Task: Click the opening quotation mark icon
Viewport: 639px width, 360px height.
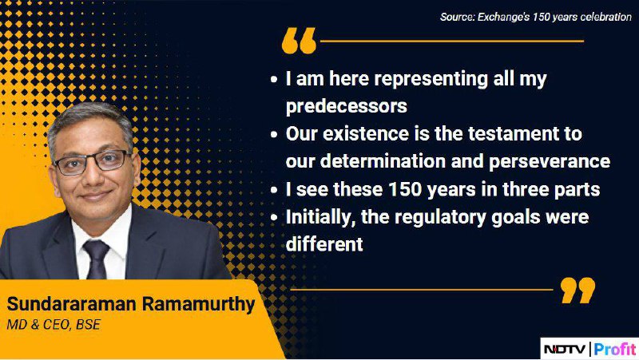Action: coord(299,41)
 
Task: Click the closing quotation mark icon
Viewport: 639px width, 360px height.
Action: coord(577,291)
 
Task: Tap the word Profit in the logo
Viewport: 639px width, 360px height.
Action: coord(615,349)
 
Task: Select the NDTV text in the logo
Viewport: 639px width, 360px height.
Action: coord(566,349)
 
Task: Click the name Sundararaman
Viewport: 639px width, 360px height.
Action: coord(71,304)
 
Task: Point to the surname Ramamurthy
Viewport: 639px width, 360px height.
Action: coord(198,305)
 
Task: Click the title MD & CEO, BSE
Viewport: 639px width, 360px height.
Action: coord(54,325)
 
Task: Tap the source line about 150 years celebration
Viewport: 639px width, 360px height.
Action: coord(535,17)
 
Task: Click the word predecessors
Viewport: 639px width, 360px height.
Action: coord(347,106)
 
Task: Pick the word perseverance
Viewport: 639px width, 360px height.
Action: coord(550,162)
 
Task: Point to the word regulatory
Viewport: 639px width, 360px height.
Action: coord(440,217)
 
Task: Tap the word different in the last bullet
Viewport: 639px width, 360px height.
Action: coord(324,244)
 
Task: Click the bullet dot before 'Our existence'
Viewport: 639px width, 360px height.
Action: coord(274,134)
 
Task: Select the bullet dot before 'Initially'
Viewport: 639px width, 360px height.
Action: coord(274,217)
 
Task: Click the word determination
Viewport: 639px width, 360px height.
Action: coord(383,161)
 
